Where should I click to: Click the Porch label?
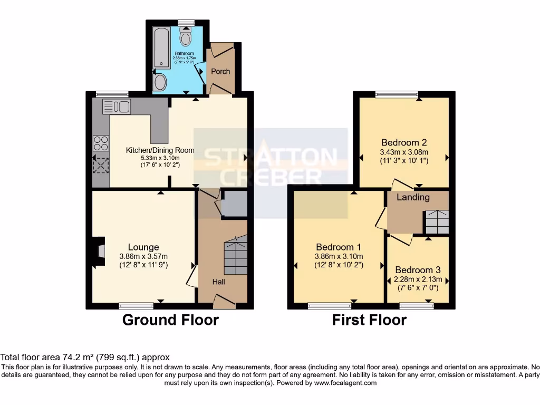click(x=220, y=71)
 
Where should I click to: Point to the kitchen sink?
click(x=117, y=107)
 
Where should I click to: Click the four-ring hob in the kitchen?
click(x=100, y=142)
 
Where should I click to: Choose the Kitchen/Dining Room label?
click(x=160, y=150)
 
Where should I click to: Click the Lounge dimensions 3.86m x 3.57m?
click(x=143, y=257)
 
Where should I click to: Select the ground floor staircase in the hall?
click(x=235, y=256)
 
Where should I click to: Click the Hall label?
click(x=219, y=282)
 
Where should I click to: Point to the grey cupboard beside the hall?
click(x=234, y=204)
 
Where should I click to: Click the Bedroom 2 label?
click(x=404, y=142)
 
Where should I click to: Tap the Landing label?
click(x=413, y=197)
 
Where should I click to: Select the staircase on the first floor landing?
click(x=437, y=222)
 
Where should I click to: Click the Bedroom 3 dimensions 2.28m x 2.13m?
click(x=418, y=279)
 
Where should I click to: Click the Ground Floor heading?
click(x=170, y=320)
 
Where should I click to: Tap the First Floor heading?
click(x=369, y=320)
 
